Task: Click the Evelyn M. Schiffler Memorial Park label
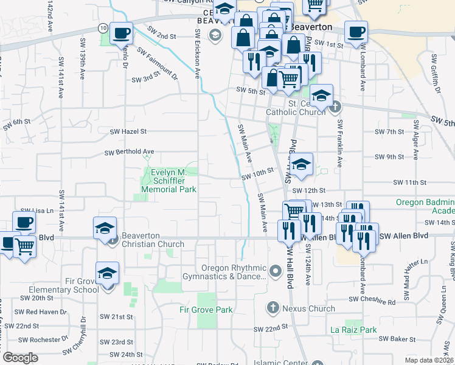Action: [x=168, y=181]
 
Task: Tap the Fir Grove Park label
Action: [x=206, y=310]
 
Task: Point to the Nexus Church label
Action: [x=308, y=308]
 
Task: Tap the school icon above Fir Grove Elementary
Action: [x=107, y=274]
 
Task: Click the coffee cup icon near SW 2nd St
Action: [x=121, y=32]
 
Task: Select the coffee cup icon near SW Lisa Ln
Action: [x=24, y=223]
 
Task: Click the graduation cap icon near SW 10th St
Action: [x=300, y=164]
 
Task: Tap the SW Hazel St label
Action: [x=128, y=131]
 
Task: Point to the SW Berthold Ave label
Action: [x=129, y=152]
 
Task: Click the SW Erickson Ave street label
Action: [x=197, y=53]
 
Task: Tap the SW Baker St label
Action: [x=397, y=339]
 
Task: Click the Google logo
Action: [x=20, y=358]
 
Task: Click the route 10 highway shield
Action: [x=104, y=28]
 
